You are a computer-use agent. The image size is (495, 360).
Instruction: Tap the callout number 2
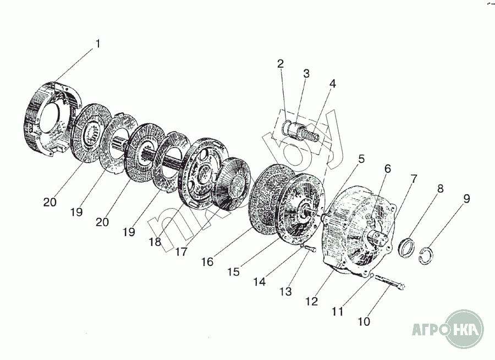280,64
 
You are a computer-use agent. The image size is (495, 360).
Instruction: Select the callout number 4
333,84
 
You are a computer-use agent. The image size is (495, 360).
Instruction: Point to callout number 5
361,159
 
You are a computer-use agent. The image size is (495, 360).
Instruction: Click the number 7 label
413,179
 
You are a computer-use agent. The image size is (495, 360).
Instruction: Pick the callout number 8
440,189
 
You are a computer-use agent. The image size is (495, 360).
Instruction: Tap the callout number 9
466,199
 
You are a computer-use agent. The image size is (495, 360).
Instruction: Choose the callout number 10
365,321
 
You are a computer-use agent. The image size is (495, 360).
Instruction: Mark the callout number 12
312,301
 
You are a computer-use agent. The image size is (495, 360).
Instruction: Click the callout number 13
285,291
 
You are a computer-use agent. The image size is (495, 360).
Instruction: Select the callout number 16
207,261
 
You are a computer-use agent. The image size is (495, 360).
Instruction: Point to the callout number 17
180,252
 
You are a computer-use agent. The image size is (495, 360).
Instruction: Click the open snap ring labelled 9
426,255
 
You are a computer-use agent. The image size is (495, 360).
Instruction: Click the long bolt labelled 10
391,282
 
